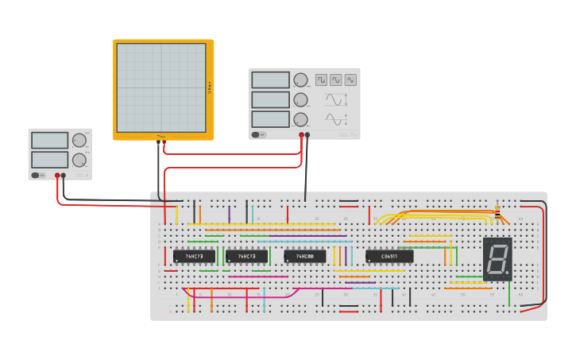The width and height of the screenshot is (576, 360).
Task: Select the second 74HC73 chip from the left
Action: [246, 257]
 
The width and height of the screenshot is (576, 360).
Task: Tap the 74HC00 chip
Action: [304, 257]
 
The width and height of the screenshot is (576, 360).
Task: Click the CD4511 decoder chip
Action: [389, 257]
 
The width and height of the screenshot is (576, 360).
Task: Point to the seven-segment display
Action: [497, 259]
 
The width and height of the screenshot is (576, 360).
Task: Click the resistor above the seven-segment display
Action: [497, 212]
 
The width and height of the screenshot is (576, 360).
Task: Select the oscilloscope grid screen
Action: [161, 87]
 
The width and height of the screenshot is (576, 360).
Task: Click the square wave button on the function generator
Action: [321, 79]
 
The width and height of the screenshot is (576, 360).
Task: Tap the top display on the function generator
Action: [270, 80]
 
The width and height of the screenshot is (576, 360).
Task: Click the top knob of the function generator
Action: [300, 79]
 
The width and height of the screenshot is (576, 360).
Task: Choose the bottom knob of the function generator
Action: [300, 119]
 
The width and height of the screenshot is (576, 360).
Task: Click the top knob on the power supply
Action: [79, 141]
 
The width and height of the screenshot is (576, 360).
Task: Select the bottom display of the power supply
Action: [49, 160]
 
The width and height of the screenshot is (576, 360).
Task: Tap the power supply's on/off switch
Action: [37, 175]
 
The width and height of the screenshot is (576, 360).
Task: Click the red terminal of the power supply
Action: [57, 176]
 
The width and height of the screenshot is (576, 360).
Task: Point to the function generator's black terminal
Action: [307, 135]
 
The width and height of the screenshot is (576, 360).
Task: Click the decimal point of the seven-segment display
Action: [508, 274]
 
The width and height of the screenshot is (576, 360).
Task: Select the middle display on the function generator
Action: [270, 99]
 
